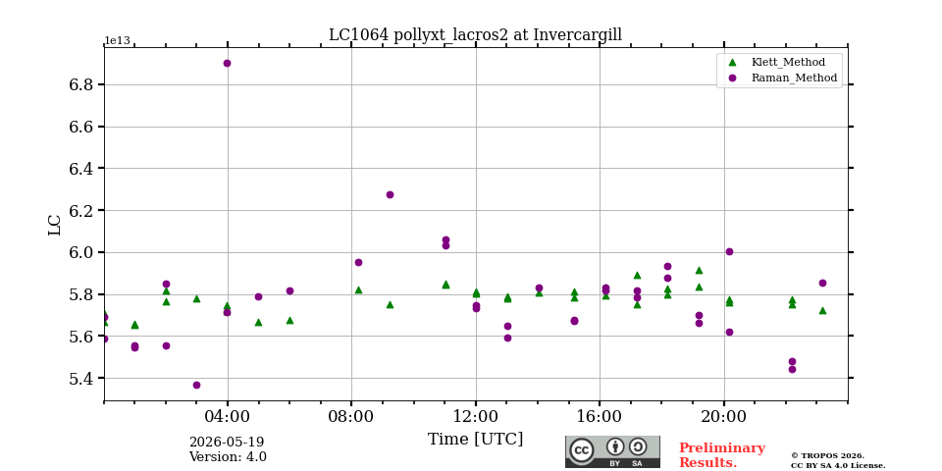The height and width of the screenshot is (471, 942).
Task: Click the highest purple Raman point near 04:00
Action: click(227, 63)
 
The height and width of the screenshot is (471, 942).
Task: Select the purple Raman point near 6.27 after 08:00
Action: click(390, 194)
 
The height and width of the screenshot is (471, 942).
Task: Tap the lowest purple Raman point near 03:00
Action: click(196, 385)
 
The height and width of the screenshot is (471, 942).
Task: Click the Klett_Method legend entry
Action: click(778, 63)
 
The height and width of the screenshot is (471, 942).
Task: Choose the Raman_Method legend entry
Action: click(782, 78)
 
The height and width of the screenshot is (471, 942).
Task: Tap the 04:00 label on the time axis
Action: click(228, 416)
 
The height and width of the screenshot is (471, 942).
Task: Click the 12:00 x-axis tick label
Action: click(476, 416)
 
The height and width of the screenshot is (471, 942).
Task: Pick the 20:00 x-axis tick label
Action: click(724, 416)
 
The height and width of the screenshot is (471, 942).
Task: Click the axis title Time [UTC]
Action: click(475, 440)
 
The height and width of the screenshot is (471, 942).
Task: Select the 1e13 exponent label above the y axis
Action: click(117, 41)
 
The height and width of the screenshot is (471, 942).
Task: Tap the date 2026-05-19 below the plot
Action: click(227, 443)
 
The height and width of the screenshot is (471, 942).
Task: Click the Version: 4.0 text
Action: click(228, 457)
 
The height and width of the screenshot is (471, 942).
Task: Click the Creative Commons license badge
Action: click(612, 451)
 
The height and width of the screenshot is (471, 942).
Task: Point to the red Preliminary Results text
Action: click(722, 455)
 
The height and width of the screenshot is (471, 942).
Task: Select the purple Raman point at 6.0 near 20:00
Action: click(729, 252)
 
